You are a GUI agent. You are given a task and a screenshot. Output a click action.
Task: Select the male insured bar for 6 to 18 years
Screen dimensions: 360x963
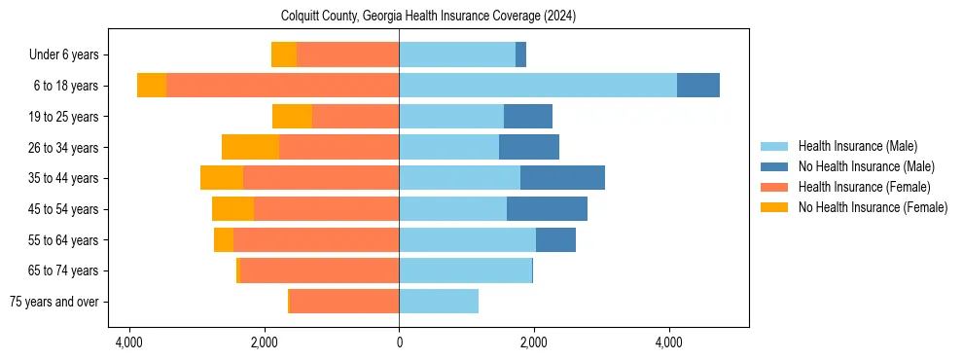[538, 86]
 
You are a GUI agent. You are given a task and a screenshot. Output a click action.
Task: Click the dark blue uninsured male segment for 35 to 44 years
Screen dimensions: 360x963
[562, 178]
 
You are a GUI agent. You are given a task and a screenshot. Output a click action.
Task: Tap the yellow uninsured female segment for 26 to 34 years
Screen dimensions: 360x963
[250, 147]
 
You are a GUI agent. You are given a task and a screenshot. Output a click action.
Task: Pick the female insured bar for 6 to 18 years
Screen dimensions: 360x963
[282, 86]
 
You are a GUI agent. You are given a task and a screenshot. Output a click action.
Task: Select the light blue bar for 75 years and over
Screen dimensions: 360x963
[439, 302]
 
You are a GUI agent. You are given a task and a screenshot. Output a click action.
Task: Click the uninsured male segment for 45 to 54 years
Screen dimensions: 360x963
[547, 209]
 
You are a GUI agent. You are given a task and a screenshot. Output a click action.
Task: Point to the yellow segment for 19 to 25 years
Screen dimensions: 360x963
[292, 117]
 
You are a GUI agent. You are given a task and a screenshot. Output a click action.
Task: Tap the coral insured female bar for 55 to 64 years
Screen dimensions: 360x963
[316, 240]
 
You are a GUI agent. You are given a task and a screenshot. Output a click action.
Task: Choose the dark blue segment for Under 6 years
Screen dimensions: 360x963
[520, 54]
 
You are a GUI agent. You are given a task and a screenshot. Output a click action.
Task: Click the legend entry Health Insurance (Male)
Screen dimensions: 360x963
[857, 146]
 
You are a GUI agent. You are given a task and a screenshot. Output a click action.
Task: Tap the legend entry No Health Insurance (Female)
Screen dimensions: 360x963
[872, 207]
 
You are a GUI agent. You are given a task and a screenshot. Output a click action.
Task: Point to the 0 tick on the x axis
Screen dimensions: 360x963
[399, 342]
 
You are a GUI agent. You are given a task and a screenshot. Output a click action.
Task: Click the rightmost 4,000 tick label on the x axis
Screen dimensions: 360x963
[669, 342]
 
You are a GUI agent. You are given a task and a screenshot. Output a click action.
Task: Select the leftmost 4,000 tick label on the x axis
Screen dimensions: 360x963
[128, 342]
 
